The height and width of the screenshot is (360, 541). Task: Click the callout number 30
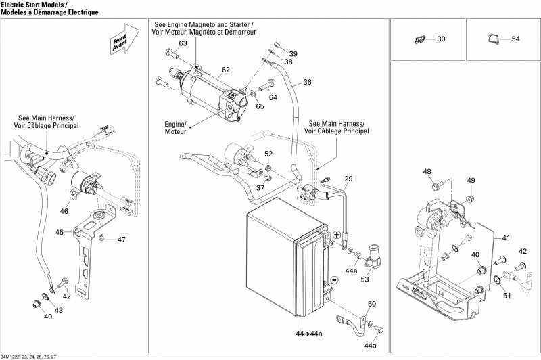(441, 39)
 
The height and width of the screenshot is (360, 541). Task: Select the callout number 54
(515, 39)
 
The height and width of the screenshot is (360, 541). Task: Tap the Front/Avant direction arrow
(119, 42)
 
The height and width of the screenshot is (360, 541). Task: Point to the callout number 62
(225, 70)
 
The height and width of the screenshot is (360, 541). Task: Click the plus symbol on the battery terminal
(337, 233)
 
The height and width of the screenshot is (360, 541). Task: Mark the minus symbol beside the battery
(333, 280)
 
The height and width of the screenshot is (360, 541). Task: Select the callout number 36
(307, 83)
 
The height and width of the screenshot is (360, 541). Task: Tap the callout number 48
(427, 172)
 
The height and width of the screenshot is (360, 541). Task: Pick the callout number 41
(507, 239)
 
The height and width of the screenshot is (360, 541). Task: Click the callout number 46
(64, 212)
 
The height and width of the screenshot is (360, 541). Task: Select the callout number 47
(122, 240)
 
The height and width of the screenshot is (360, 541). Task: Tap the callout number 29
(348, 179)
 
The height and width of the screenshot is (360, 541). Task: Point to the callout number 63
(183, 43)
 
